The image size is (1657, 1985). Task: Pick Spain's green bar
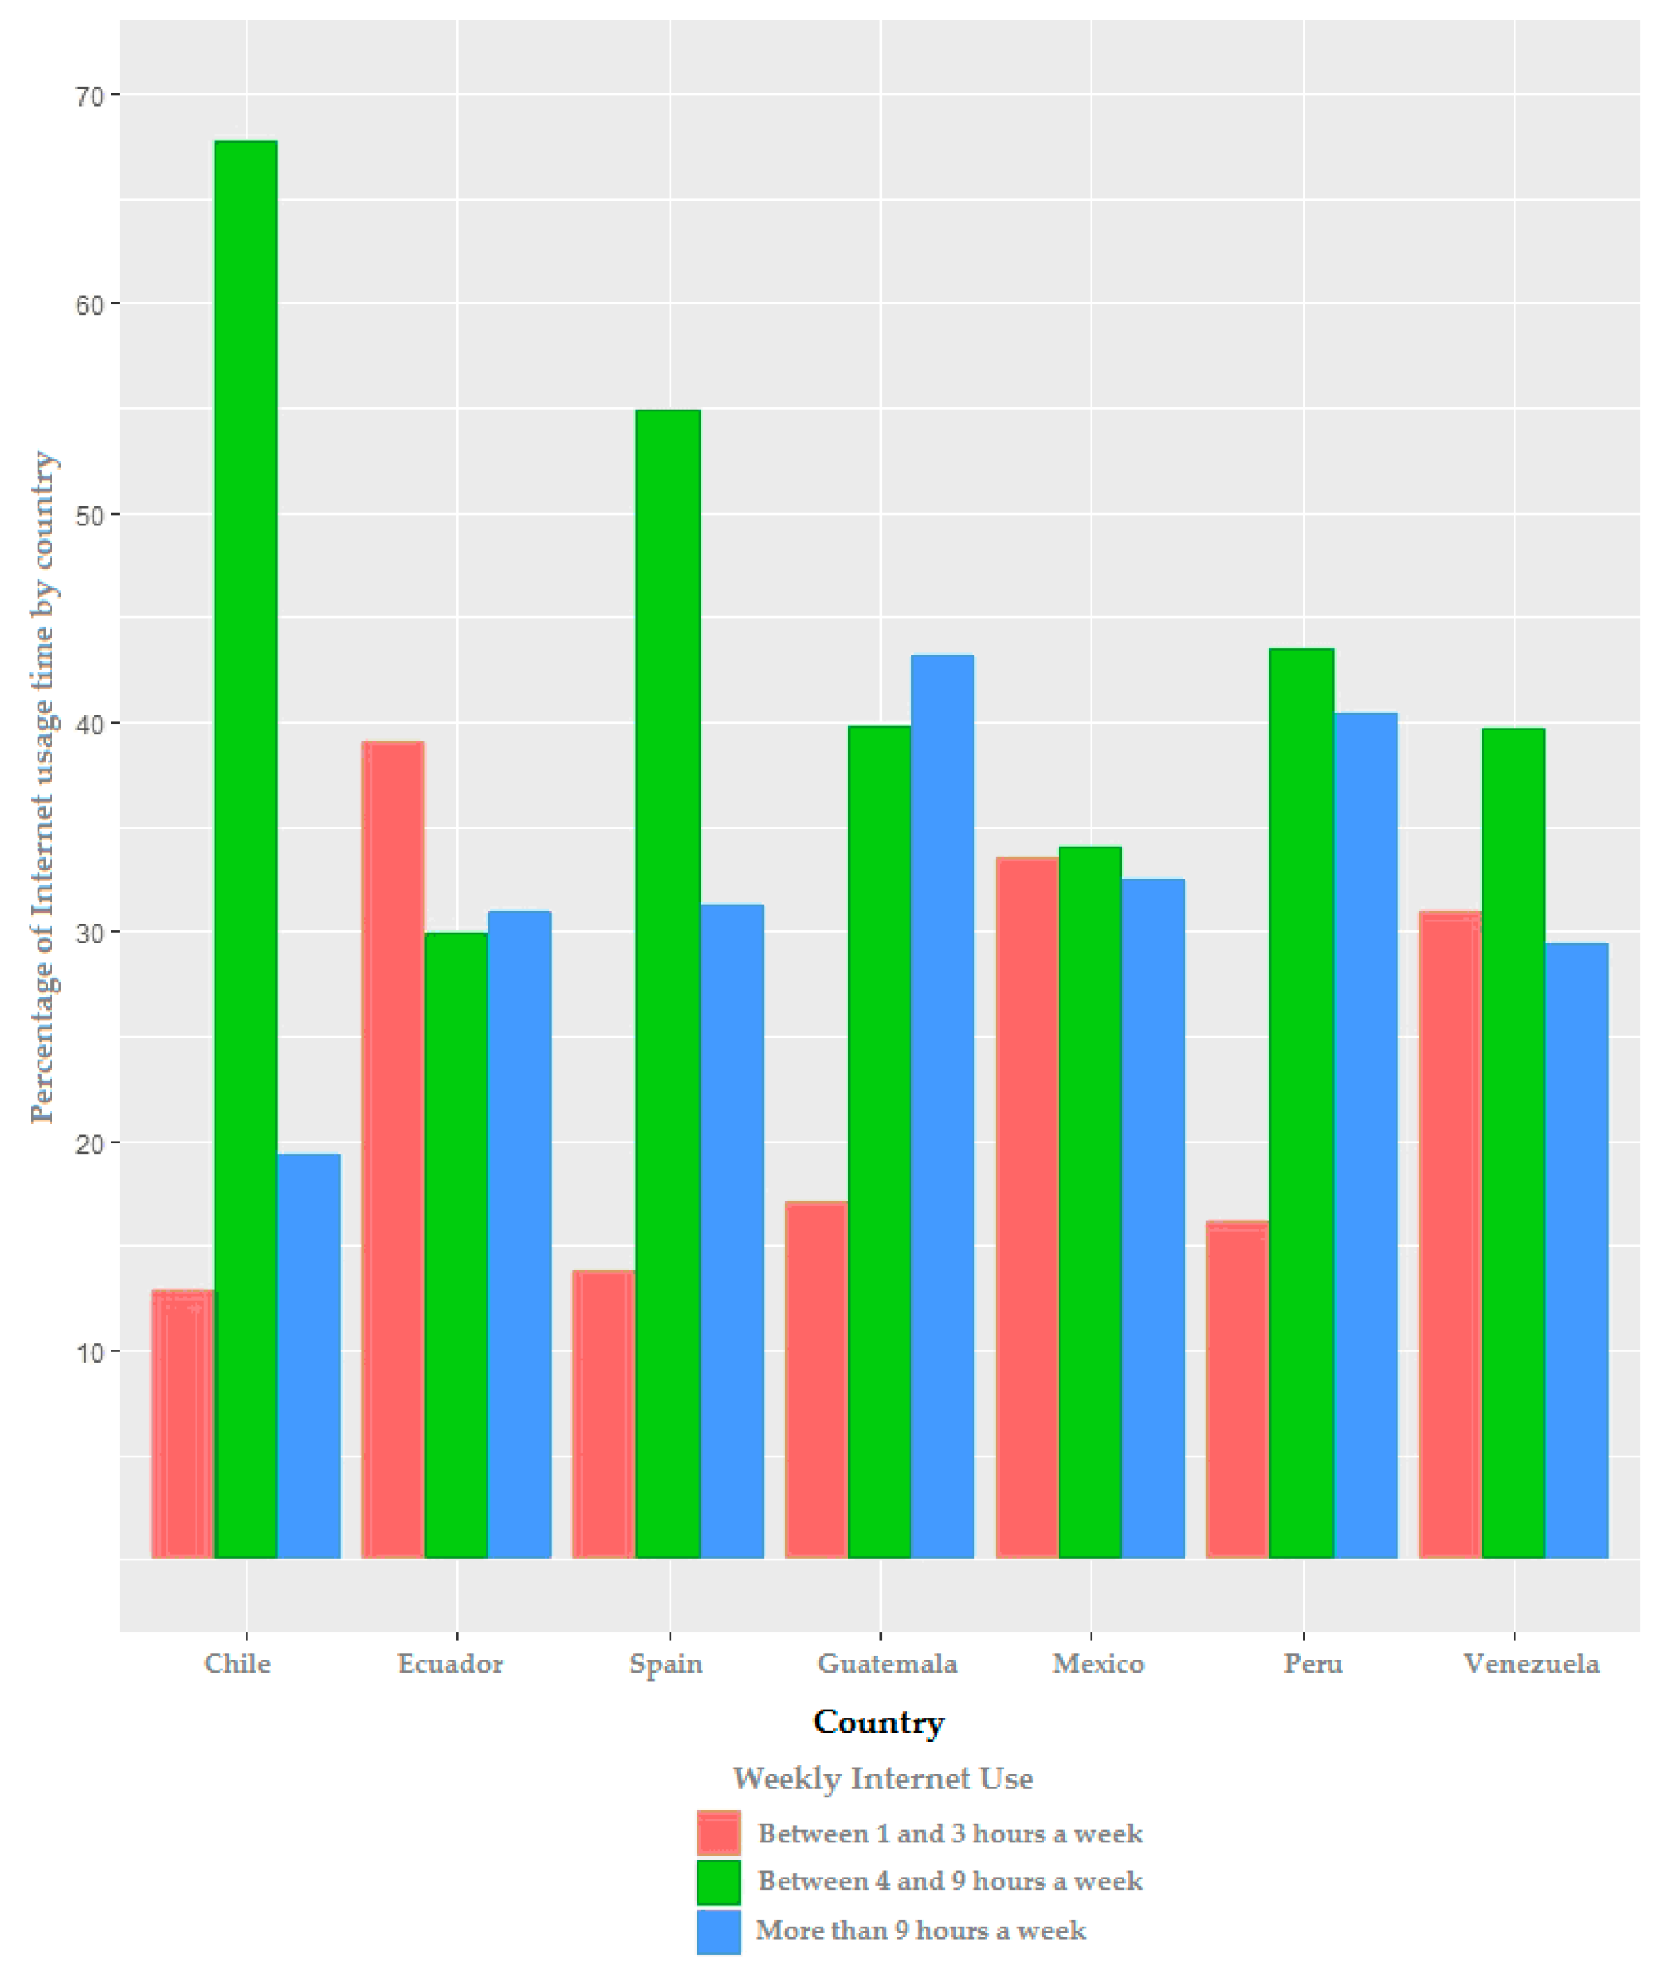click(x=668, y=983)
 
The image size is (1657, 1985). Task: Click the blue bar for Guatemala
click(x=942, y=1106)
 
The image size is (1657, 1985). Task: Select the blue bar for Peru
click(x=1365, y=1135)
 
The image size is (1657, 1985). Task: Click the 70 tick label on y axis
click(x=90, y=95)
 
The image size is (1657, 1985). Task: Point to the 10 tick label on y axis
click(x=90, y=1352)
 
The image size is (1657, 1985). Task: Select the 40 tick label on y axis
click(x=90, y=724)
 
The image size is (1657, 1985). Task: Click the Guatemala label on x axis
click(x=887, y=1664)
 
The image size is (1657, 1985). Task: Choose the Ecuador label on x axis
click(x=450, y=1664)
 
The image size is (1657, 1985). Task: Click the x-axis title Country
click(x=878, y=1721)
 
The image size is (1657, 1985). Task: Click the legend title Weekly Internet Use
click(x=883, y=1779)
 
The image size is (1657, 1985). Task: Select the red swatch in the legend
click(x=719, y=1833)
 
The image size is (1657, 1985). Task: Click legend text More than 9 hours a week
click(x=920, y=1930)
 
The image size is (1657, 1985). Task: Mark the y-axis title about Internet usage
click(x=43, y=787)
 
